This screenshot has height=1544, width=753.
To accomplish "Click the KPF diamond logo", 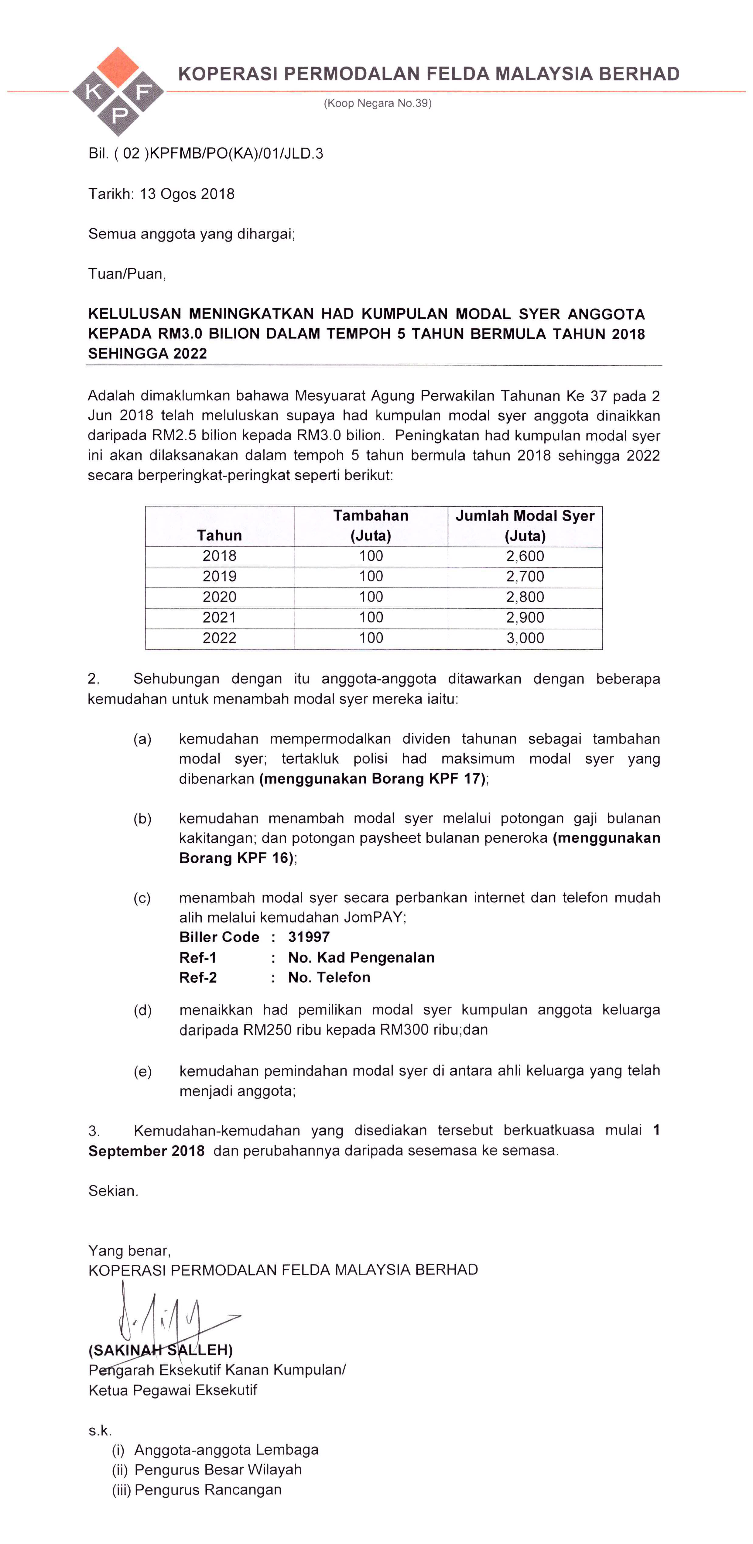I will (x=118, y=92).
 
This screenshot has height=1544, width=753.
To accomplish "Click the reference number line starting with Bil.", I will (x=206, y=153).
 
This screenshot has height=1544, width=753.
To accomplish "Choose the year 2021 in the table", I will (x=219, y=617).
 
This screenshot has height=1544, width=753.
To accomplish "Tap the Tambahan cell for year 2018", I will (x=371, y=556).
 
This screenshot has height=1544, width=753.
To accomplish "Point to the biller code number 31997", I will (x=309, y=937).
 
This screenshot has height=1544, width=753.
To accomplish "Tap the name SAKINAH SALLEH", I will (x=161, y=1350).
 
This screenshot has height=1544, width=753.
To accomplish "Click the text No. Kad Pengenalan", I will (x=361, y=957).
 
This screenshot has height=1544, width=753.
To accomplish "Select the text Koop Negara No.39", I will (x=378, y=103).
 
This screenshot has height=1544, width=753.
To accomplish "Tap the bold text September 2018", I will (x=146, y=1151).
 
